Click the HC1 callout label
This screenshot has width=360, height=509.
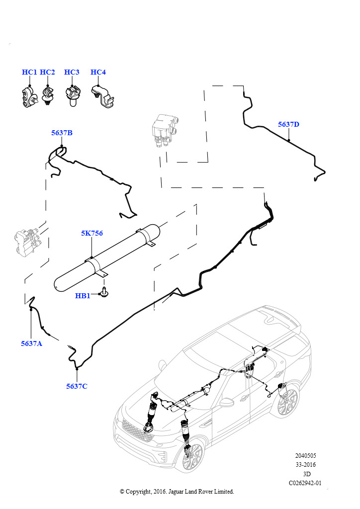click(x=29, y=72)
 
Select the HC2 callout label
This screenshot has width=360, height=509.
click(x=47, y=72)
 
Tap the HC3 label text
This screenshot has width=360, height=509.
click(x=72, y=72)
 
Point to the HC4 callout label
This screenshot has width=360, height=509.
click(x=98, y=72)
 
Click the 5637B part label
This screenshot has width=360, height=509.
click(x=62, y=133)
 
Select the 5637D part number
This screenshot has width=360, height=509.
click(x=288, y=124)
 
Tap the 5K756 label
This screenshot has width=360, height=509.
click(x=92, y=233)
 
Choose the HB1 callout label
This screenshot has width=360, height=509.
click(x=83, y=296)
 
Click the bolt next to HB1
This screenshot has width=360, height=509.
click(x=104, y=292)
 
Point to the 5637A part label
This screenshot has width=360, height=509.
click(x=31, y=343)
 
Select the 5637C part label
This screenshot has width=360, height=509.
click(x=77, y=386)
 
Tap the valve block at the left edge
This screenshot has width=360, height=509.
click(x=27, y=242)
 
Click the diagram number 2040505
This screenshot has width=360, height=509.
click(x=305, y=456)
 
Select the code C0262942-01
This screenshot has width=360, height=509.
click(x=305, y=483)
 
